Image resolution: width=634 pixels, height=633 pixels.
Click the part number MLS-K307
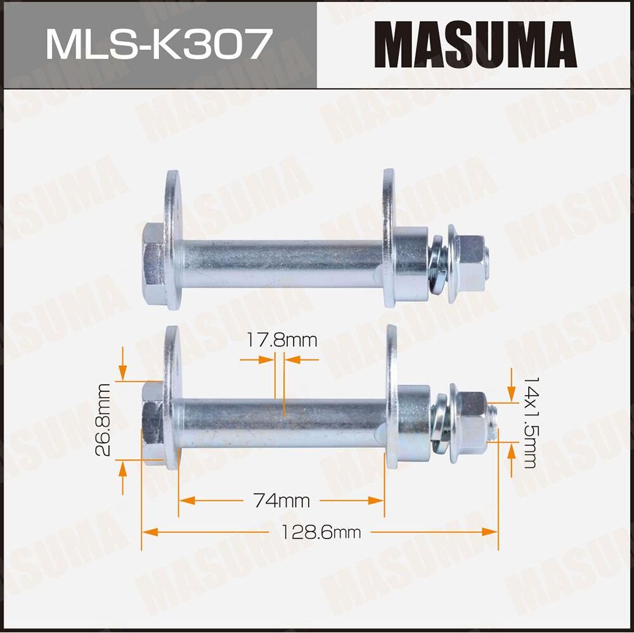tap(158, 44)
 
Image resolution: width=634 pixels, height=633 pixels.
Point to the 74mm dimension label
tap(281, 501)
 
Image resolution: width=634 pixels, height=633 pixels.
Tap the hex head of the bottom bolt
tap(152, 421)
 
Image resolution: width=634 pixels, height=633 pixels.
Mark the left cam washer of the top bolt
tap(172, 238)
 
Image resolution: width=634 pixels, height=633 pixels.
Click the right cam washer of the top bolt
tap(389, 238)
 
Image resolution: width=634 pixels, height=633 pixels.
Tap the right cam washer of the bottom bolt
tap(392, 396)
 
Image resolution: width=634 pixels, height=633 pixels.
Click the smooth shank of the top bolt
tap(279, 263)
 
